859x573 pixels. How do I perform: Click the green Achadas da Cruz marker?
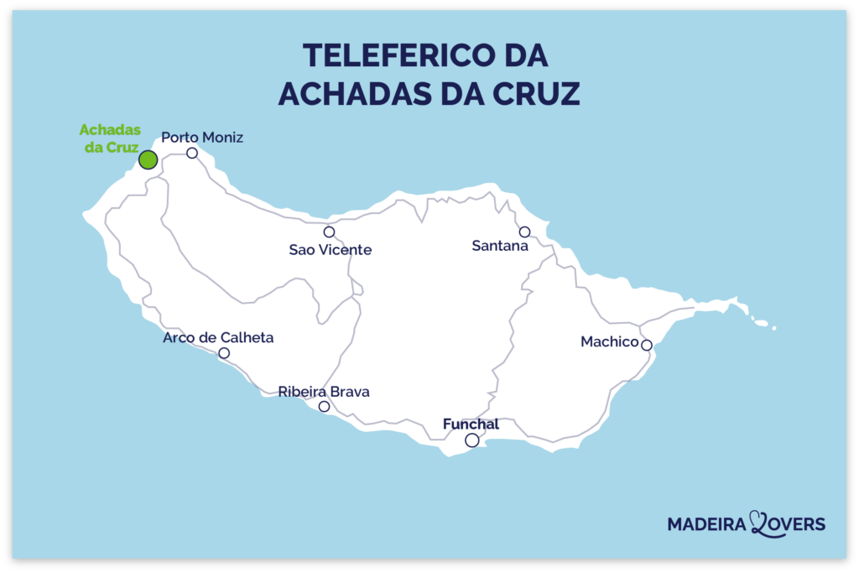point(148,159)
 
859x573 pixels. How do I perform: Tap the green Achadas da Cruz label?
point(109,138)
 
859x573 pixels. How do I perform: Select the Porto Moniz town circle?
point(192,153)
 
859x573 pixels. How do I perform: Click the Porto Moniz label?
point(202,137)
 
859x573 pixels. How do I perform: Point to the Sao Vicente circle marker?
point(329,232)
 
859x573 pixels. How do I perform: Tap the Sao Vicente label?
point(330,250)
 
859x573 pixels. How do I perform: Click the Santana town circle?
point(524,232)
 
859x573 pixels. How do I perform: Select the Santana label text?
point(500,246)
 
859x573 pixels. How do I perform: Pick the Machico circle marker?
point(646,345)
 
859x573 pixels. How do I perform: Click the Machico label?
point(609,342)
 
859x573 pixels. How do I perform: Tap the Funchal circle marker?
point(472,440)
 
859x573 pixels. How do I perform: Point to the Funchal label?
point(471,425)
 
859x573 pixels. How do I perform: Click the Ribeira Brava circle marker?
point(324,407)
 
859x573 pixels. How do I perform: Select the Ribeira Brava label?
point(324,392)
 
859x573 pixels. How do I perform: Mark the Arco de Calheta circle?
point(224,353)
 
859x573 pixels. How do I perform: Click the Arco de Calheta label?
point(218,338)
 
